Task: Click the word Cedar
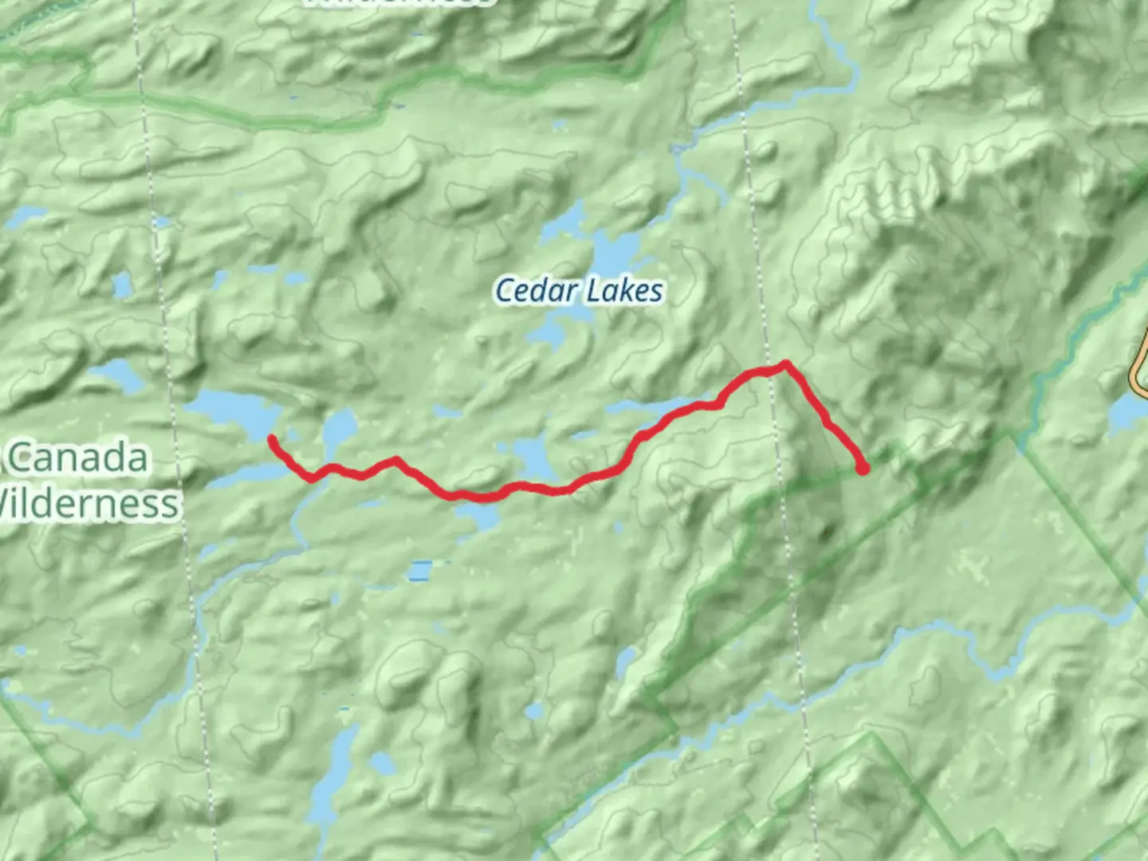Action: click(x=533, y=290)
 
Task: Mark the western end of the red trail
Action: click(x=273, y=439)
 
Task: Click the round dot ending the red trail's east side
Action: click(x=863, y=470)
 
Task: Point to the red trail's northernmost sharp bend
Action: click(x=786, y=365)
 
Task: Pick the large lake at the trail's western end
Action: click(x=231, y=415)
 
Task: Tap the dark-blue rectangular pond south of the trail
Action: click(x=420, y=571)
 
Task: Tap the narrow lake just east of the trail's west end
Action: click(x=339, y=431)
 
